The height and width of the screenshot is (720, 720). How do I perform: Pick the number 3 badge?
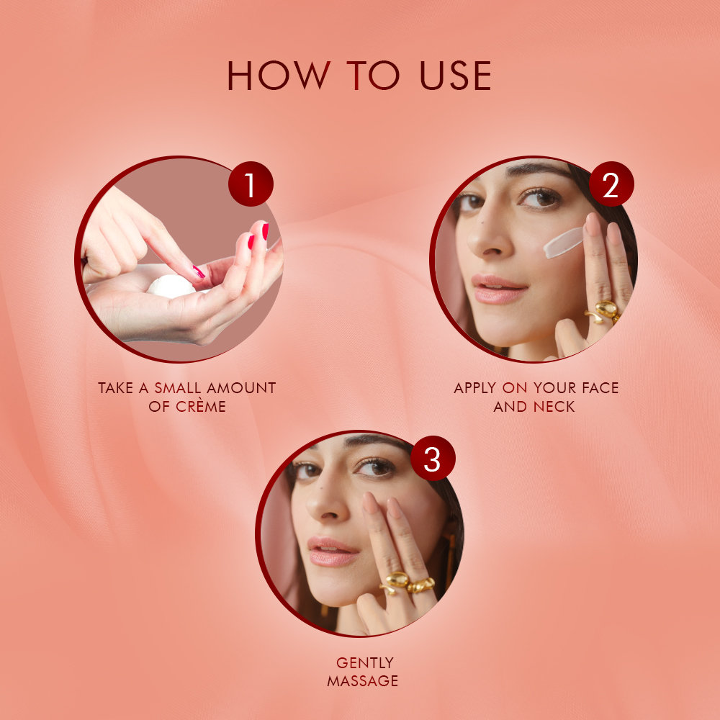pyautogui.click(x=432, y=459)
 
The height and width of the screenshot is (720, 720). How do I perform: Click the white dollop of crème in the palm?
pyautogui.click(x=171, y=287)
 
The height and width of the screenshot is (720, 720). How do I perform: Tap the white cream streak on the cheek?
pyautogui.click(x=562, y=242)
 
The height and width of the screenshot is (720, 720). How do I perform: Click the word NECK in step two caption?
pyautogui.click(x=554, y=407)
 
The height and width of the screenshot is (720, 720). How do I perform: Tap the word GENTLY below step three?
pyautogui.click(x=365, y=662)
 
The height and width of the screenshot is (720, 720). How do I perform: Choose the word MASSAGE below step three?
pyautogui.click(x=363, y=681)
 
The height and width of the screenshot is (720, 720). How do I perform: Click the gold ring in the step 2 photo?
pyautogui.click(x=603, y=311)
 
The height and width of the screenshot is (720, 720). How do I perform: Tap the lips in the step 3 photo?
pyautogui.click(x=331, y=551)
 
